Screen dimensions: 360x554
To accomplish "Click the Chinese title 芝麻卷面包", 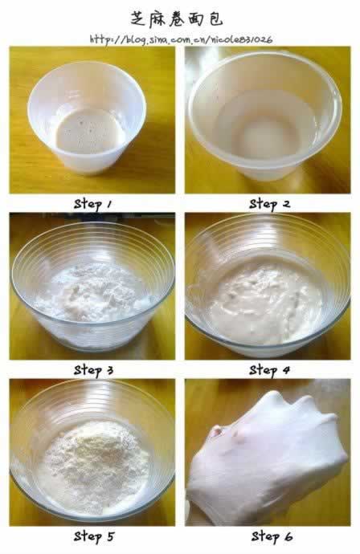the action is point(177,18).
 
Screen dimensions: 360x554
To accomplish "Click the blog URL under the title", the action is point(181,39).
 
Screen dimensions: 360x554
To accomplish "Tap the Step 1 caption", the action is point(93,204).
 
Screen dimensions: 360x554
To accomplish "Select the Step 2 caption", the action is point(270,204).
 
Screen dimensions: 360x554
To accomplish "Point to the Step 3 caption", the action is point(94,370).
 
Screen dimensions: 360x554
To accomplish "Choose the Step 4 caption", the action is point(269,370).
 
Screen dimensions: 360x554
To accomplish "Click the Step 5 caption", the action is point(94,536).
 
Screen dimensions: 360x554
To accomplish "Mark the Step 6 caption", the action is point(272,536).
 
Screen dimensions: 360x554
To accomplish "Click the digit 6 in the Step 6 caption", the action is point(288,536).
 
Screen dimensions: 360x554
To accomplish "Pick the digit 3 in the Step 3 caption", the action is point(110,370).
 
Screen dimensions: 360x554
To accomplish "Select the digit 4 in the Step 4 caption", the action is point(286,370).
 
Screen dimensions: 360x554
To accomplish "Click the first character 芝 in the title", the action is point(138,19).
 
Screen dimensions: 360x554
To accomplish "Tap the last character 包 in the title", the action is point(215,19).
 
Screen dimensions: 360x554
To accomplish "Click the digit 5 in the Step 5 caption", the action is point(111,536).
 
